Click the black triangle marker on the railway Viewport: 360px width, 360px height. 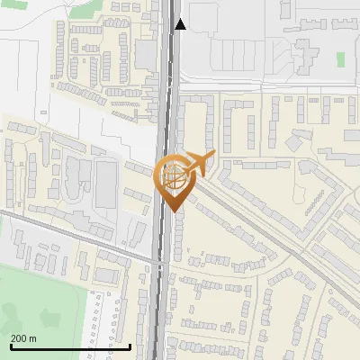point(180,24)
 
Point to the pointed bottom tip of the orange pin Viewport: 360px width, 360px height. point(171,211)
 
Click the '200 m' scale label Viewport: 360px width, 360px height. point(23,337)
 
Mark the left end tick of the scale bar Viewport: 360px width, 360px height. point(10,346)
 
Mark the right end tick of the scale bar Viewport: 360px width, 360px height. point(130,346)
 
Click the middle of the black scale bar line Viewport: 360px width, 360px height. point(70,347)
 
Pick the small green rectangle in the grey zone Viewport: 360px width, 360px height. point(340,59)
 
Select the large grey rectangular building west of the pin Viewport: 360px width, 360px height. point(107,184)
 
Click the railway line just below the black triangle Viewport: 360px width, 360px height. point(168,54)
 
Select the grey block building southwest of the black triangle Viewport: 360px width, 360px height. point(145,54)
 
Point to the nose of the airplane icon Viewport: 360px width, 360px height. point(212,157)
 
